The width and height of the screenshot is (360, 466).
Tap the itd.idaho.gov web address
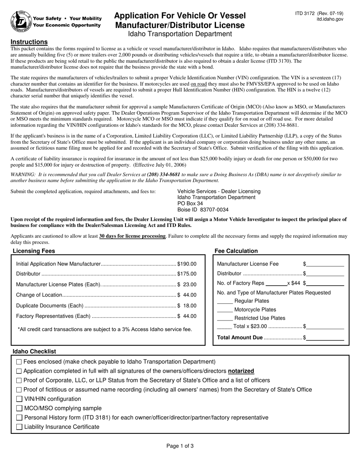click(330, 19)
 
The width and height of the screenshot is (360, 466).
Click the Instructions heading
click(29, 42)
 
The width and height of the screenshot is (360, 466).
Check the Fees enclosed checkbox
click(19, 362)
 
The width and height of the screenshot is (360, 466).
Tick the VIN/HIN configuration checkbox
click(19, 399)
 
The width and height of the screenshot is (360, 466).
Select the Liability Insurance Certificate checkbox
click(19, 427)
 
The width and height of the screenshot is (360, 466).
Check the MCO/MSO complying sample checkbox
click(19, 408)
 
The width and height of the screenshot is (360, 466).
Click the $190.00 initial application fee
click(187, 264)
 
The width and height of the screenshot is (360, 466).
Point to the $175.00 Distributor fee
click(187, 274)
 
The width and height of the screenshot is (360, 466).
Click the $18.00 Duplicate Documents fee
click(187, 306)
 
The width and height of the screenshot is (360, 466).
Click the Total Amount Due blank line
click(326, 338)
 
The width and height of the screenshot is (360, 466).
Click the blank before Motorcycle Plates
click(225, 310)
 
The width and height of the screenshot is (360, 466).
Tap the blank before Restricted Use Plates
click(225, 318)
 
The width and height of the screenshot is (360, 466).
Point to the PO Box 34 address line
click(190, 203)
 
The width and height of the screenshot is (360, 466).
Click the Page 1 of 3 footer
click(180, 446)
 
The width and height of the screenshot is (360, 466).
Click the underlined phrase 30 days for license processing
click(132, 236)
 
